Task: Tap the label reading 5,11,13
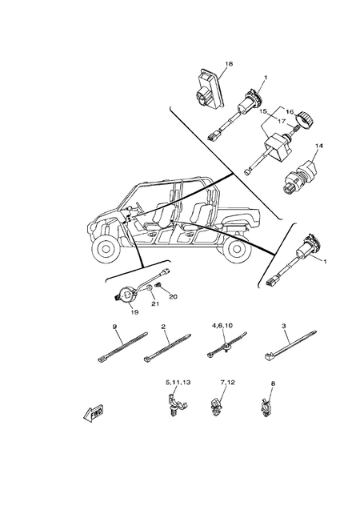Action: point(178,384)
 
